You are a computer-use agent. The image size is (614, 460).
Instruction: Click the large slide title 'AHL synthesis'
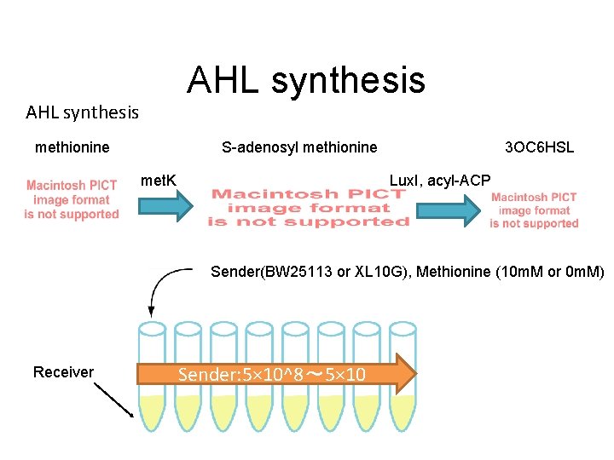tap(305, 80)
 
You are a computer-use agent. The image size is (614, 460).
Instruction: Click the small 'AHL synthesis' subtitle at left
tap(82, 112)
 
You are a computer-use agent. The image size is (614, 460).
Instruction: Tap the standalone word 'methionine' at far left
tap(72, 147)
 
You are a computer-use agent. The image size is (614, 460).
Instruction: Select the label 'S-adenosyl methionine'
tap(298, 147)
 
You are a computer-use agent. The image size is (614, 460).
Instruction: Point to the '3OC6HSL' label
tap(539, 147)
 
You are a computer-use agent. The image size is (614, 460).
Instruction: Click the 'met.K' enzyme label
tap(158, 180)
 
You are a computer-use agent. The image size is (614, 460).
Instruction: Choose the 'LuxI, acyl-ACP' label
tap(440, 180)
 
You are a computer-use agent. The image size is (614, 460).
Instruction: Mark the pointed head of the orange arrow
tap(407, 374)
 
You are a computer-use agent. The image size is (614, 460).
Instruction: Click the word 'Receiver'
tap(63, 371)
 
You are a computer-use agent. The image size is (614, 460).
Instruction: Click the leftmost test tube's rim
tap(153, 329)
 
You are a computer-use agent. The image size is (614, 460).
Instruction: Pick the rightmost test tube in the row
tap(403, 375)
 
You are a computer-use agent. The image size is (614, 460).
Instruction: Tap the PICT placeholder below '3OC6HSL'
tap(534, 210)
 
